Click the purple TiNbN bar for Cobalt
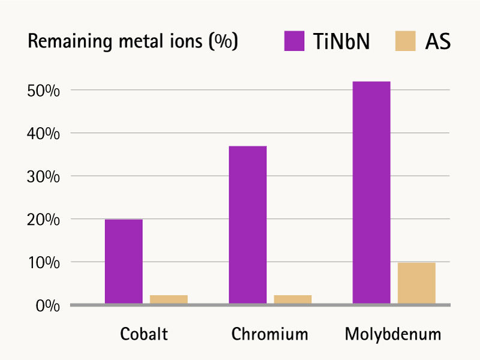click(124, 262)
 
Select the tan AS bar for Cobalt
click(169, 299)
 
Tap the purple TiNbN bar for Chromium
click(248, 225)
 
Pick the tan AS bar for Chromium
click(293, 299)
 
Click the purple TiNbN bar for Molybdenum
click(371, 193)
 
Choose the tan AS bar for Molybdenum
click(416, 283)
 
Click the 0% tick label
click(48, 306)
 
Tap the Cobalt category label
click(144, 334)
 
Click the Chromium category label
click(269, 334)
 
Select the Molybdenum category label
click(393, 334)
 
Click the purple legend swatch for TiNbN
click(294, 41)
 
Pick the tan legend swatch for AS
click(406, 41)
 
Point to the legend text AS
click(438, 41)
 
